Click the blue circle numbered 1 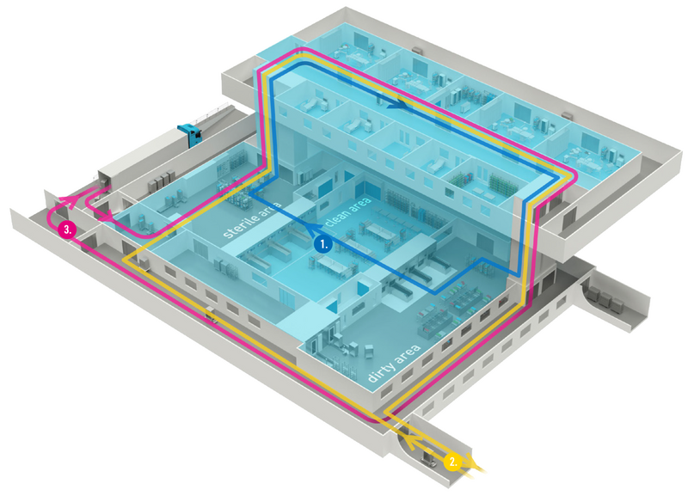click(324, 244)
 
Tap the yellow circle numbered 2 click(453, 462)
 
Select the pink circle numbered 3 click(67, 229)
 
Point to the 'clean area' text click(349, 213)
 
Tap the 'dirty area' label click(393, 364)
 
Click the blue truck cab click(190, 134)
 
